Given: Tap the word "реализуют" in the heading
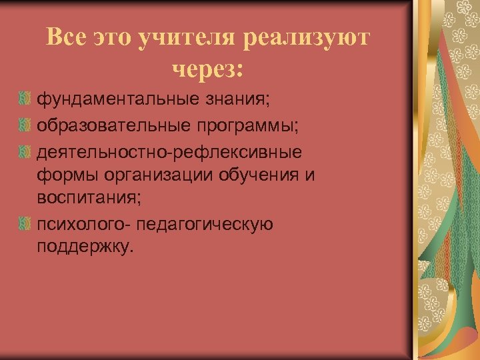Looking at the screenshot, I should point(306,39).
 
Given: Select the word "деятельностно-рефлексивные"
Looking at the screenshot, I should point(169,151).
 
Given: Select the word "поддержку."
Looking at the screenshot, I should point(85,248).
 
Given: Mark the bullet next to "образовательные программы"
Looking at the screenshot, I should point(25,125).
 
